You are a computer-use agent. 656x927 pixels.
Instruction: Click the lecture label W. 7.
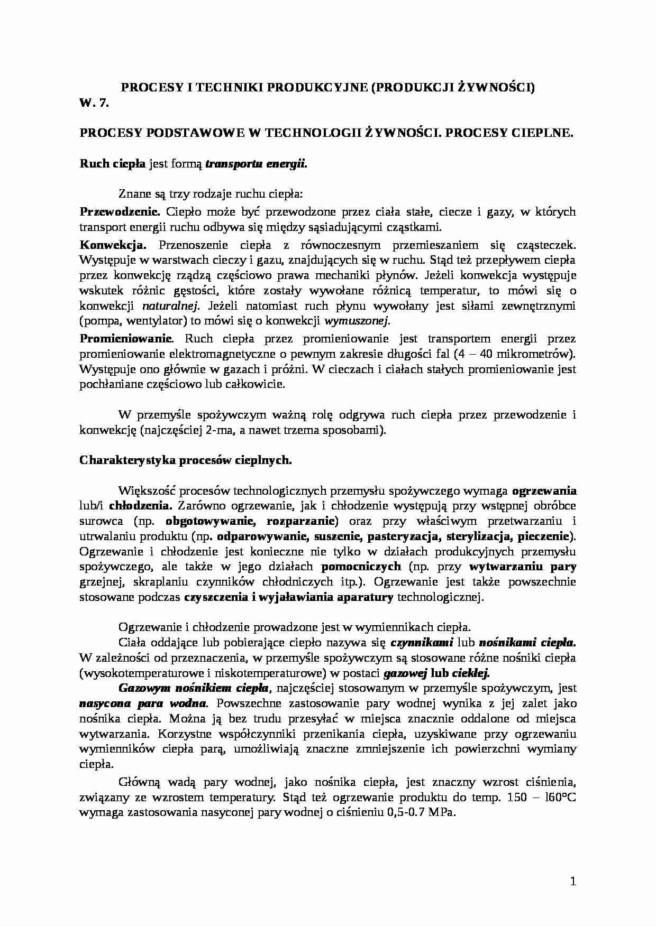pyautogui.click(x=94, y=103)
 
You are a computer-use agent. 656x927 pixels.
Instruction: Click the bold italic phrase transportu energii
pyautogui.click(x=256, y=164)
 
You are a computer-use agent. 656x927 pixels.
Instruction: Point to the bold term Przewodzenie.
pyautogui.click(x=120, y=212)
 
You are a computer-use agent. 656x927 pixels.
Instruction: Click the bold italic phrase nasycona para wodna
pyautogui.click(x=143, y=704)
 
